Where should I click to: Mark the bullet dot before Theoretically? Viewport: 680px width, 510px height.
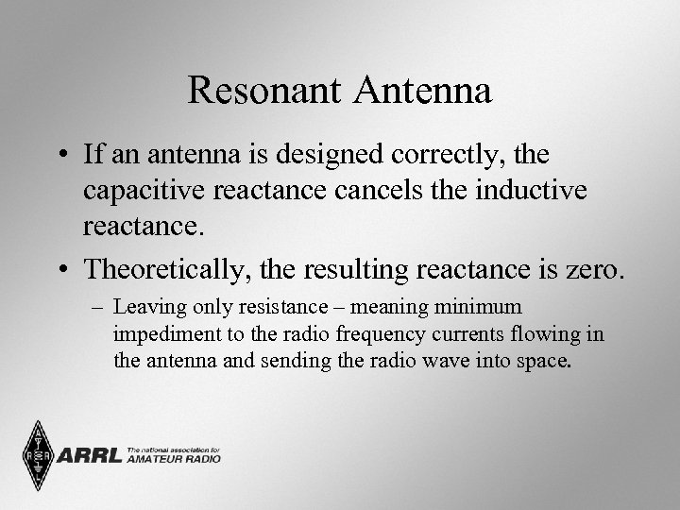pyautogui.click(x=63, y=269)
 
